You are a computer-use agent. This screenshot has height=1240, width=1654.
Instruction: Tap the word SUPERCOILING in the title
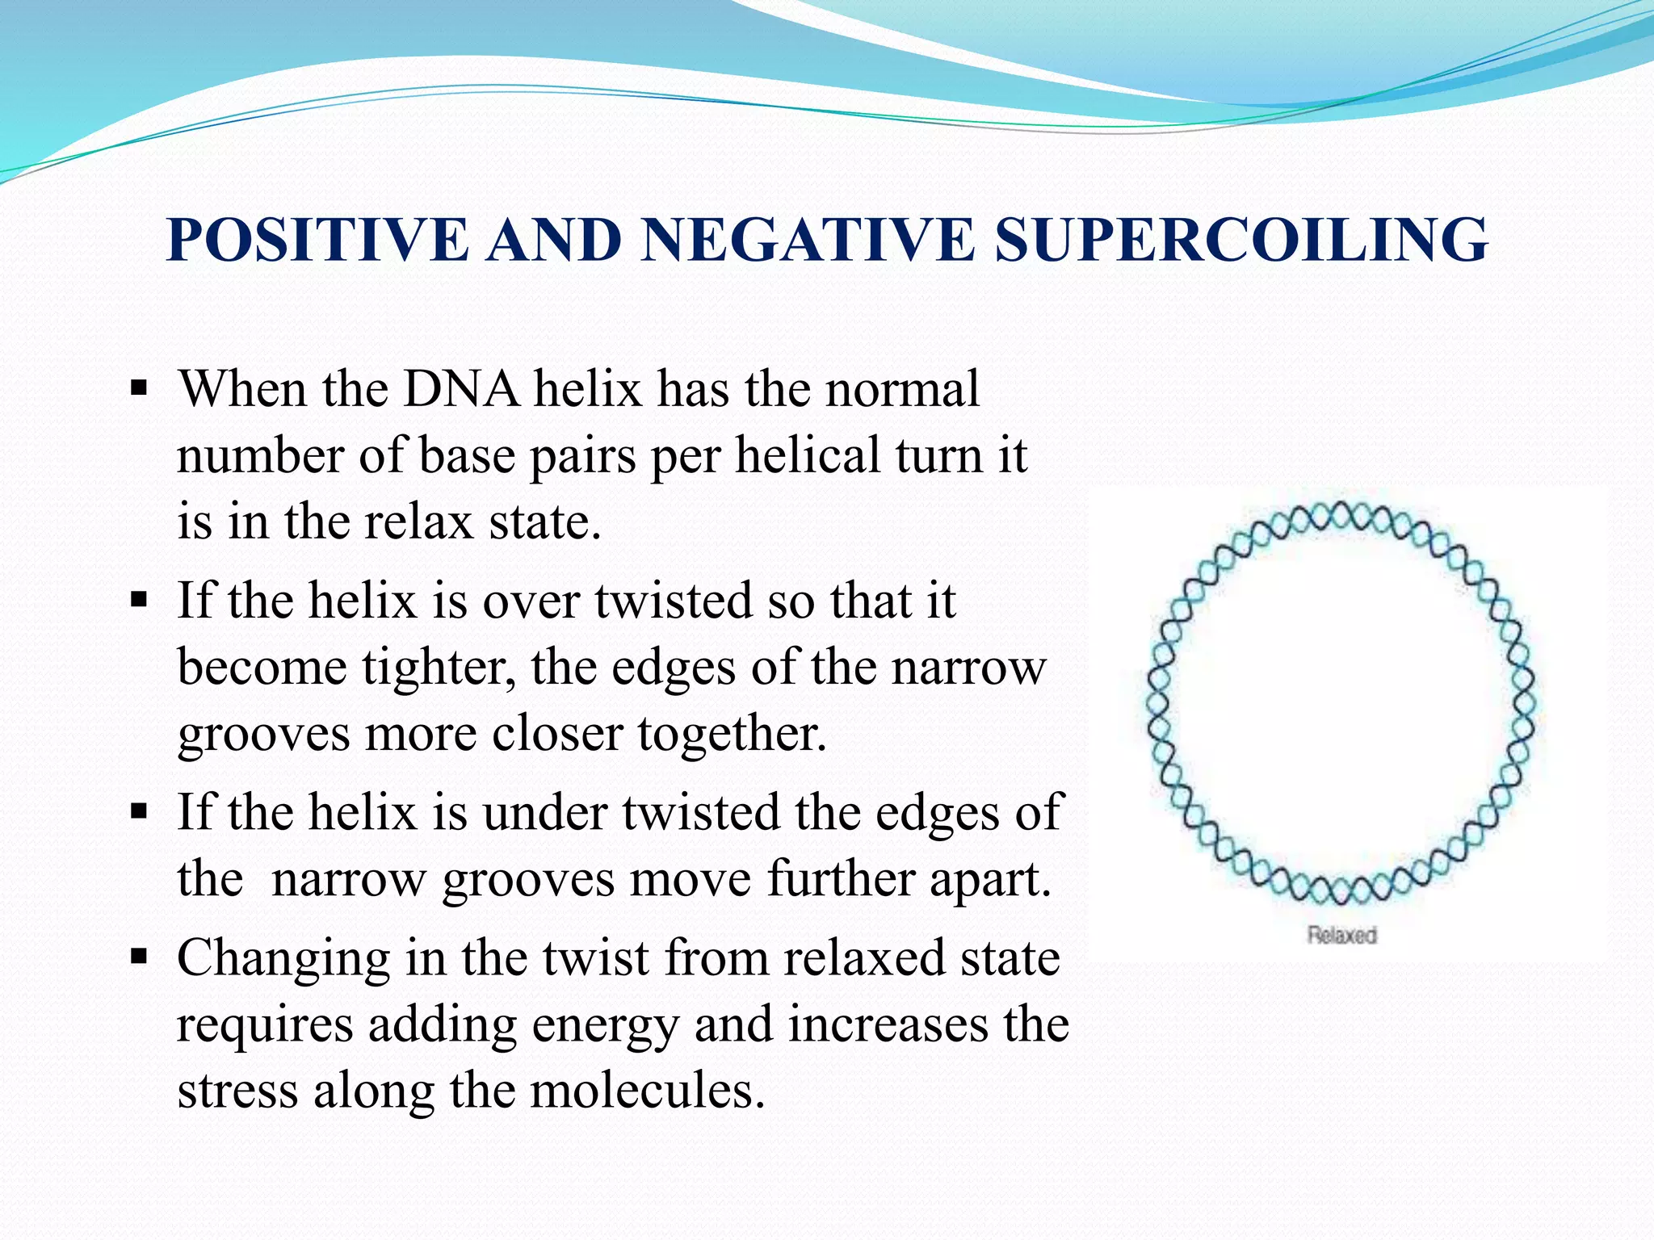1241,240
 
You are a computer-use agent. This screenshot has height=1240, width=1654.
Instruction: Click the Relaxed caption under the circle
1341,935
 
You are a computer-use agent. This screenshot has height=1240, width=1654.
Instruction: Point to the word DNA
461,389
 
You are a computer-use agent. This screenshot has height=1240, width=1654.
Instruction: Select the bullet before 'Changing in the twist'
139,958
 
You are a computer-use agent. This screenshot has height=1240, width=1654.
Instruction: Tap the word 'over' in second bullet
531,601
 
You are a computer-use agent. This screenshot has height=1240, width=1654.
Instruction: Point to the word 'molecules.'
647,1091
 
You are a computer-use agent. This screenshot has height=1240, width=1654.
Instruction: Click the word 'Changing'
283,960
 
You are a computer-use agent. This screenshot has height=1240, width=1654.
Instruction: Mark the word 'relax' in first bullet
418,522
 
